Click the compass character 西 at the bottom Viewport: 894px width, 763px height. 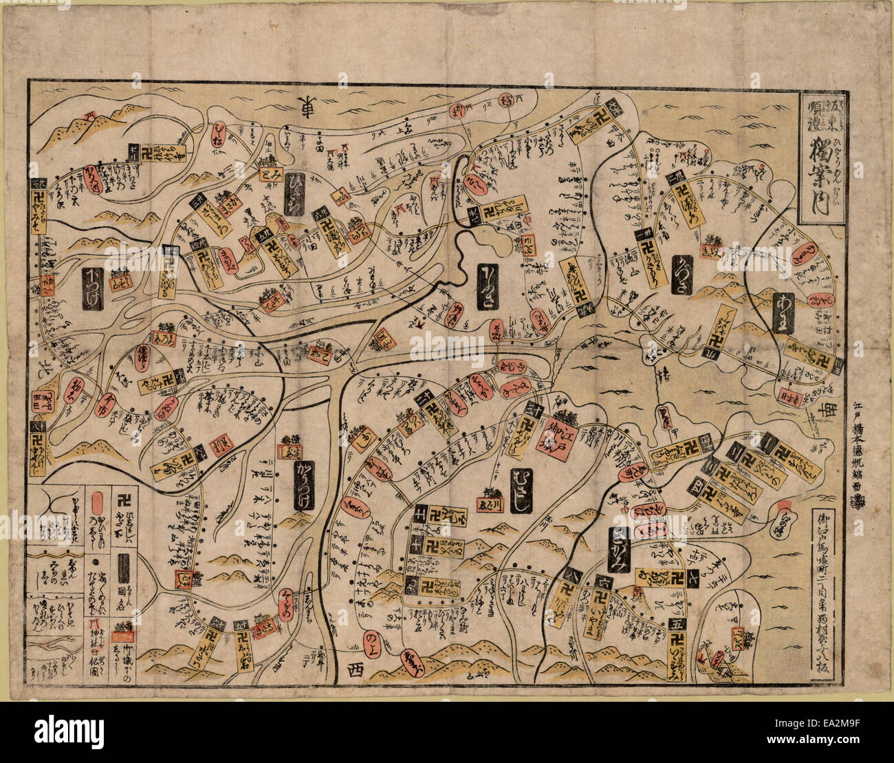(x=354, y=668)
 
